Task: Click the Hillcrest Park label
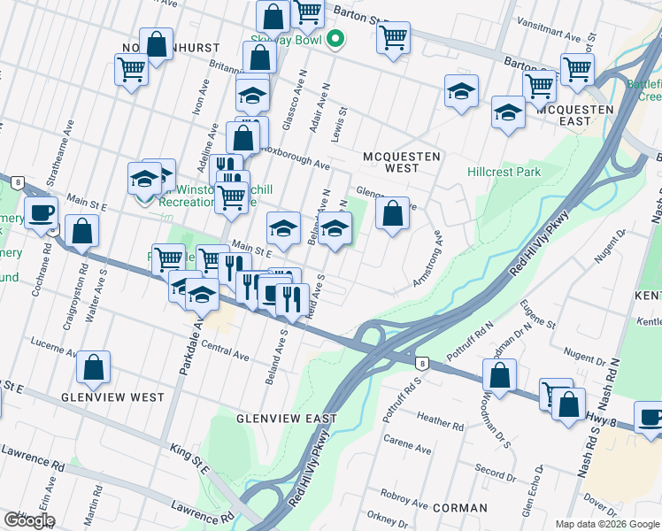(504, 173)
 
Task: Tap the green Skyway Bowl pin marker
(335, 39)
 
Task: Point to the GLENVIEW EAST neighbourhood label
(287, 418)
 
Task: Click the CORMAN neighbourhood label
(460, 508)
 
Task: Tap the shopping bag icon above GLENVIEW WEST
(93, 369)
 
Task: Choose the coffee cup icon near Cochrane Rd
(41, 213)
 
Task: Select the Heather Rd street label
(440, 426)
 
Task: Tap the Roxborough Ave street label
(295, 164)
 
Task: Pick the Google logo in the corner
(29, 520)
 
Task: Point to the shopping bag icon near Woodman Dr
(500, 374)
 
